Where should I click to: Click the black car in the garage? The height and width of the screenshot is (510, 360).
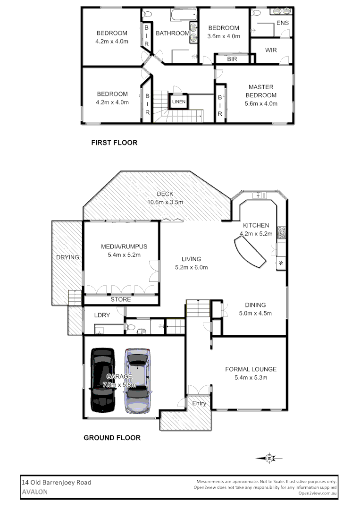(102, 380)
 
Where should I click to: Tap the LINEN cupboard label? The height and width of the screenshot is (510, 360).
(179, 102)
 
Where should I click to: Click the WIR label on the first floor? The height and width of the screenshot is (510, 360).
(271, 50)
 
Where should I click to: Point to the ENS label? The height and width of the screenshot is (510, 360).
(283, 23)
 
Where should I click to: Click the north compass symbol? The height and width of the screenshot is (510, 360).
(269, 458)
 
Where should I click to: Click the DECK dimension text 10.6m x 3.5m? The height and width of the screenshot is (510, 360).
(165, 202)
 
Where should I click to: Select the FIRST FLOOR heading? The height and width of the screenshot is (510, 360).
(114, 143)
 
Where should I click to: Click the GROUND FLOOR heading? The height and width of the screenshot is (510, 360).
(112, 438)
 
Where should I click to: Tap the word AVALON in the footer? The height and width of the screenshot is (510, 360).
(34, 491)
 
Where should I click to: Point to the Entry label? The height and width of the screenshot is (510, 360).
(199, 403)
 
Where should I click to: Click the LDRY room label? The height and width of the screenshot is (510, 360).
(102, 315)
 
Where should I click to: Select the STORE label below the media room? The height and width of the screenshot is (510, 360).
(120, 299)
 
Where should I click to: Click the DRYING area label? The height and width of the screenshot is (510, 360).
(67, 257)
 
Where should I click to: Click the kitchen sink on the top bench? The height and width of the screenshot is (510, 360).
(258, 195)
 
